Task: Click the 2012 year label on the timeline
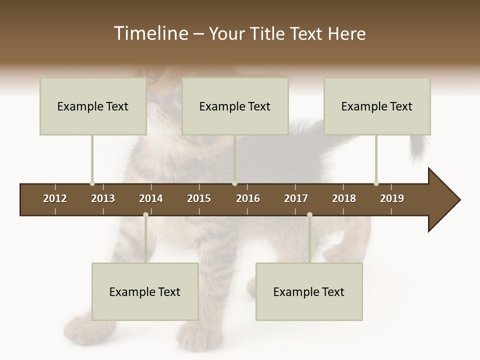coord(55,198)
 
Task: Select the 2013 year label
coord(103,198)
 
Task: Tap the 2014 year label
coord(151,198)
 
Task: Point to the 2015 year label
coord(199,198)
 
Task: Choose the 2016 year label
coord(248,198)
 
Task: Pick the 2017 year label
coord(296,198)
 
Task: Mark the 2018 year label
coord(344,198)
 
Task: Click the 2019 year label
coord(392,198)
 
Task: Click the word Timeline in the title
coord(150,33)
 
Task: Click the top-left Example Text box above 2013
coord(93,106)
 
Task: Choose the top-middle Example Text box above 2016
coord(235,106)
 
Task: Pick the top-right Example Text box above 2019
coord(377,106)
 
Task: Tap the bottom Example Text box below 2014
coord(145,291)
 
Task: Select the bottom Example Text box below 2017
coord(309,291)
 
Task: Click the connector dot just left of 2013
coord(92,183)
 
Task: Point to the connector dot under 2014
coord(145,215)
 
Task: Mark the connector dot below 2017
coord(309,215)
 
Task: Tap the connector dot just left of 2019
coord(376,183)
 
